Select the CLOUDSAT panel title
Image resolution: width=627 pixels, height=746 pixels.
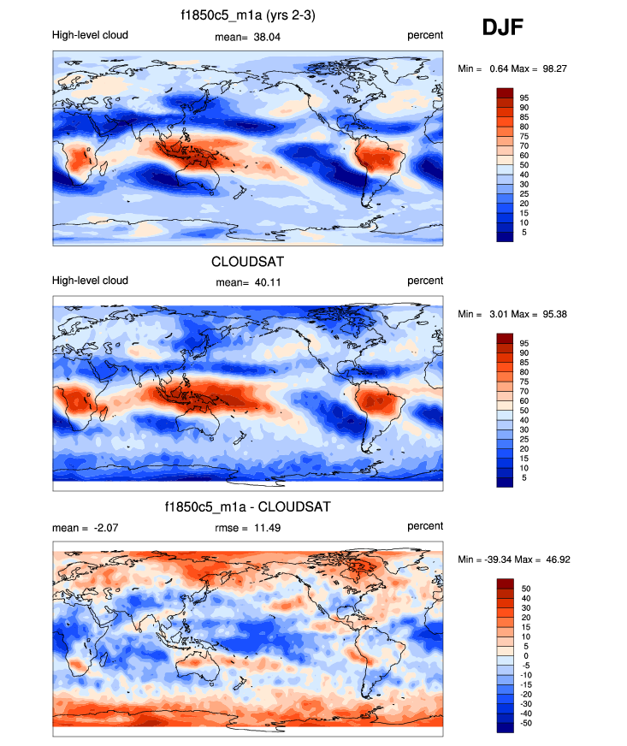point(247,262)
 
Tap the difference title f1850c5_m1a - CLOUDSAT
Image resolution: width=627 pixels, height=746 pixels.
point(247,507)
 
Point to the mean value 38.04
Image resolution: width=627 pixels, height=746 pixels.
point(269,36)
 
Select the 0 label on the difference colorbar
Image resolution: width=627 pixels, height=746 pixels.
point(523,654)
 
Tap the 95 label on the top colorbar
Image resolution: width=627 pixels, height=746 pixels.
point(523,98)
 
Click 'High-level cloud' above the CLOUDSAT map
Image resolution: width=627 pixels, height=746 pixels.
point(90,281)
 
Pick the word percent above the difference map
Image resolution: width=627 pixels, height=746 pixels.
point(425,527)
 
